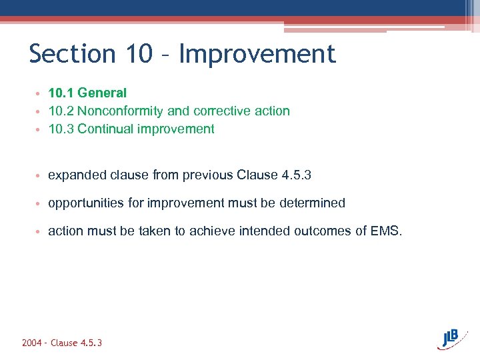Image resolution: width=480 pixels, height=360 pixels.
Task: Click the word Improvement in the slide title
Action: coord(257,54)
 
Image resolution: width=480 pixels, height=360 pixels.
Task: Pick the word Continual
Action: coord(105,129)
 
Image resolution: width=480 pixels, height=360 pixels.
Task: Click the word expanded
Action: coord(75,175)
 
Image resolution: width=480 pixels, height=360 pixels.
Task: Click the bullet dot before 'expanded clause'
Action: coord(41,176)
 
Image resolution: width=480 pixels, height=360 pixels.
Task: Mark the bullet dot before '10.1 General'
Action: coord(41,93)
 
